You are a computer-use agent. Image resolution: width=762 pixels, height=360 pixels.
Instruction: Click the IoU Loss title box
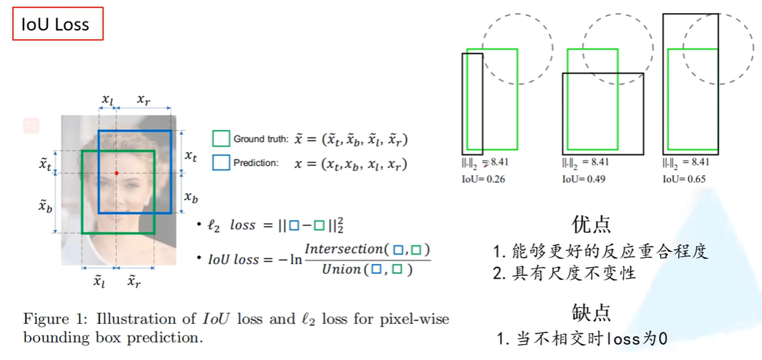(x=58, y=24)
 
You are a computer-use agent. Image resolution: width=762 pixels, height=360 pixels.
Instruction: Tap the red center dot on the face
(x=116, y=173)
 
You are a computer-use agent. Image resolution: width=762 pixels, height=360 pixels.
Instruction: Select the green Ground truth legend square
(x=221, y=139)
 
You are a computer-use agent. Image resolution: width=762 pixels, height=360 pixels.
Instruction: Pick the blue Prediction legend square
(x=221, y=163)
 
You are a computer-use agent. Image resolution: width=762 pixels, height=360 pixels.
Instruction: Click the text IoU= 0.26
(x=483, y=179)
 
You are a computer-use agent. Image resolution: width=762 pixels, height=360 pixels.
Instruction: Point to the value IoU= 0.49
(x=584, y=179)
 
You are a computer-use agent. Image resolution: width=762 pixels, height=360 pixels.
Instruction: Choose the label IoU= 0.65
(x=684, y=179)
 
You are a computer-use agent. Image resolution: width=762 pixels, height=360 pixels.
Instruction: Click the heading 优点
(x=591, y=224)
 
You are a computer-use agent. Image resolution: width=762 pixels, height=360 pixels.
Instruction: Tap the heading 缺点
(x=591, y=312)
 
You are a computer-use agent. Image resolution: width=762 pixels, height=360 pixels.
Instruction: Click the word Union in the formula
(x=342, y=269)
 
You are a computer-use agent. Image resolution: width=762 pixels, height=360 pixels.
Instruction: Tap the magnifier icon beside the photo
(x=31, y=126)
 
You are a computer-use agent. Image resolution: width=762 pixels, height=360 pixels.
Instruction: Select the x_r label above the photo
(x=143, y=100)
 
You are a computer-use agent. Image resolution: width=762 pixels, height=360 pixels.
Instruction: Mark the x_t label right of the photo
(x=191, y=156)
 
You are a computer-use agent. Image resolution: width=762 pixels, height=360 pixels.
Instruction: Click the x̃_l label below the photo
(x=99, y=281)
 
